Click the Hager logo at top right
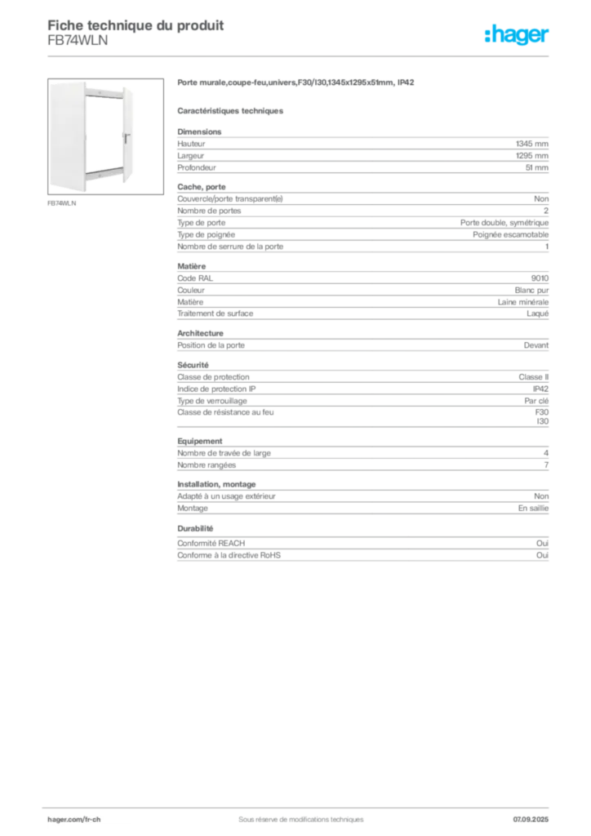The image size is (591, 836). pyautogui.click(x=517, y=34)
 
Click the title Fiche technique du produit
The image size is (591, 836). pyautogui.click(x=136, y=25)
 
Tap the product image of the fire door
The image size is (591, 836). pyautogui.click(x=105, y=136)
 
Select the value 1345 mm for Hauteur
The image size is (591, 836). pyautogui.click(x=532, y=144)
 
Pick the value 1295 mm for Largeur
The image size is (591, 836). pyautogui.click(x=532, y=156)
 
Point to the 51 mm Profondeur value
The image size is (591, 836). pyautogui.click(x=536, y=167)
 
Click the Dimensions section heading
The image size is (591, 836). pyautogui.click(x=199, y=131)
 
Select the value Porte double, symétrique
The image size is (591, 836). pyautogui.click(x=504, y=223)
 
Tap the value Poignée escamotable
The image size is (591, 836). pyautogui.click(x=510, y=234)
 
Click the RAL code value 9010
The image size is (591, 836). pyautogui.click(x=540, y=278)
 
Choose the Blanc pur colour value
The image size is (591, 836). pyautogui.click(x=531, y=290)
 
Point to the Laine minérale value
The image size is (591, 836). pyautogui.click(x=522, y=302)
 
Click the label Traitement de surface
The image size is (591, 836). pyautogui.click(x=216, y=313)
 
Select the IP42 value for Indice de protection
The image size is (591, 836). pyautogui.click(x=540, y=389)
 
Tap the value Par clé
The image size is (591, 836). pyautogui.click(x=536, y=401)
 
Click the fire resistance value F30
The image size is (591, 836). pyautogui.click(x=541, y=412)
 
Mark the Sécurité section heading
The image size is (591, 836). pyautogui.click(x=193, y=365)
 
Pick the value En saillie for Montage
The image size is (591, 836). pyautogui.click(x=533, y=508)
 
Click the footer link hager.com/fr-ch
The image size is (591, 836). pyautogui.click(x=74, y=820)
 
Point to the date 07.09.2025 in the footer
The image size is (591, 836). pyautogui.click(x=531, y=820)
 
